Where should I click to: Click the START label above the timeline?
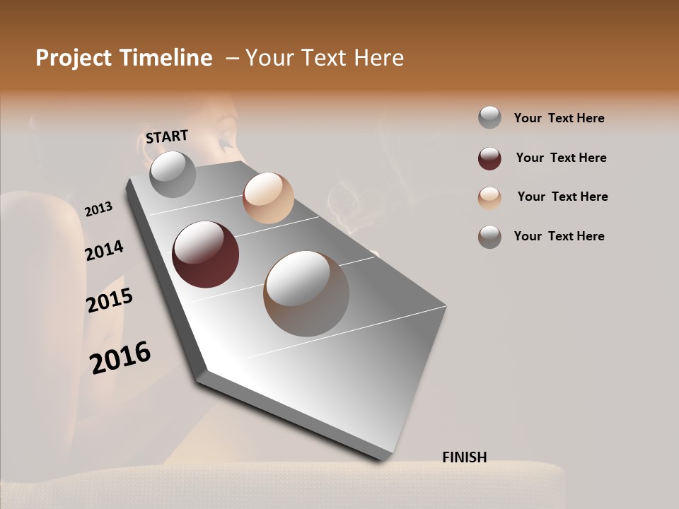click(167, 136)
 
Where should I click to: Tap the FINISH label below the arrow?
click(464, 457)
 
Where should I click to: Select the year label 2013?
click(98, 209)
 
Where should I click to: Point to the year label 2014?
click(104, 251)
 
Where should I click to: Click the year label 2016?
click(120, 357)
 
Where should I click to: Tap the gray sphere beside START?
click(173, 174)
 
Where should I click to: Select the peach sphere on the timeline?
click(268, 198)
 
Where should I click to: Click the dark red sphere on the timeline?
click(205, 255)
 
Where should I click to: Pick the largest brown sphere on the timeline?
click(306, 293)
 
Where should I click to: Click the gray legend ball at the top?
click(489, 118)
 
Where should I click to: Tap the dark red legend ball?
click(489, 158)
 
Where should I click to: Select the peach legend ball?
click(489, 198)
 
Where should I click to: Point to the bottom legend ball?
click(489, 237)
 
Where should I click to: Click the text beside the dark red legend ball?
click(561, 158)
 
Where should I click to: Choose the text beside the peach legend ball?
click(562, 197)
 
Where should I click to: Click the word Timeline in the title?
click(168, 58)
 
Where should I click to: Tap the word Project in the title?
click(74, 58)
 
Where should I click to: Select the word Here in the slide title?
click(378, 58)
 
